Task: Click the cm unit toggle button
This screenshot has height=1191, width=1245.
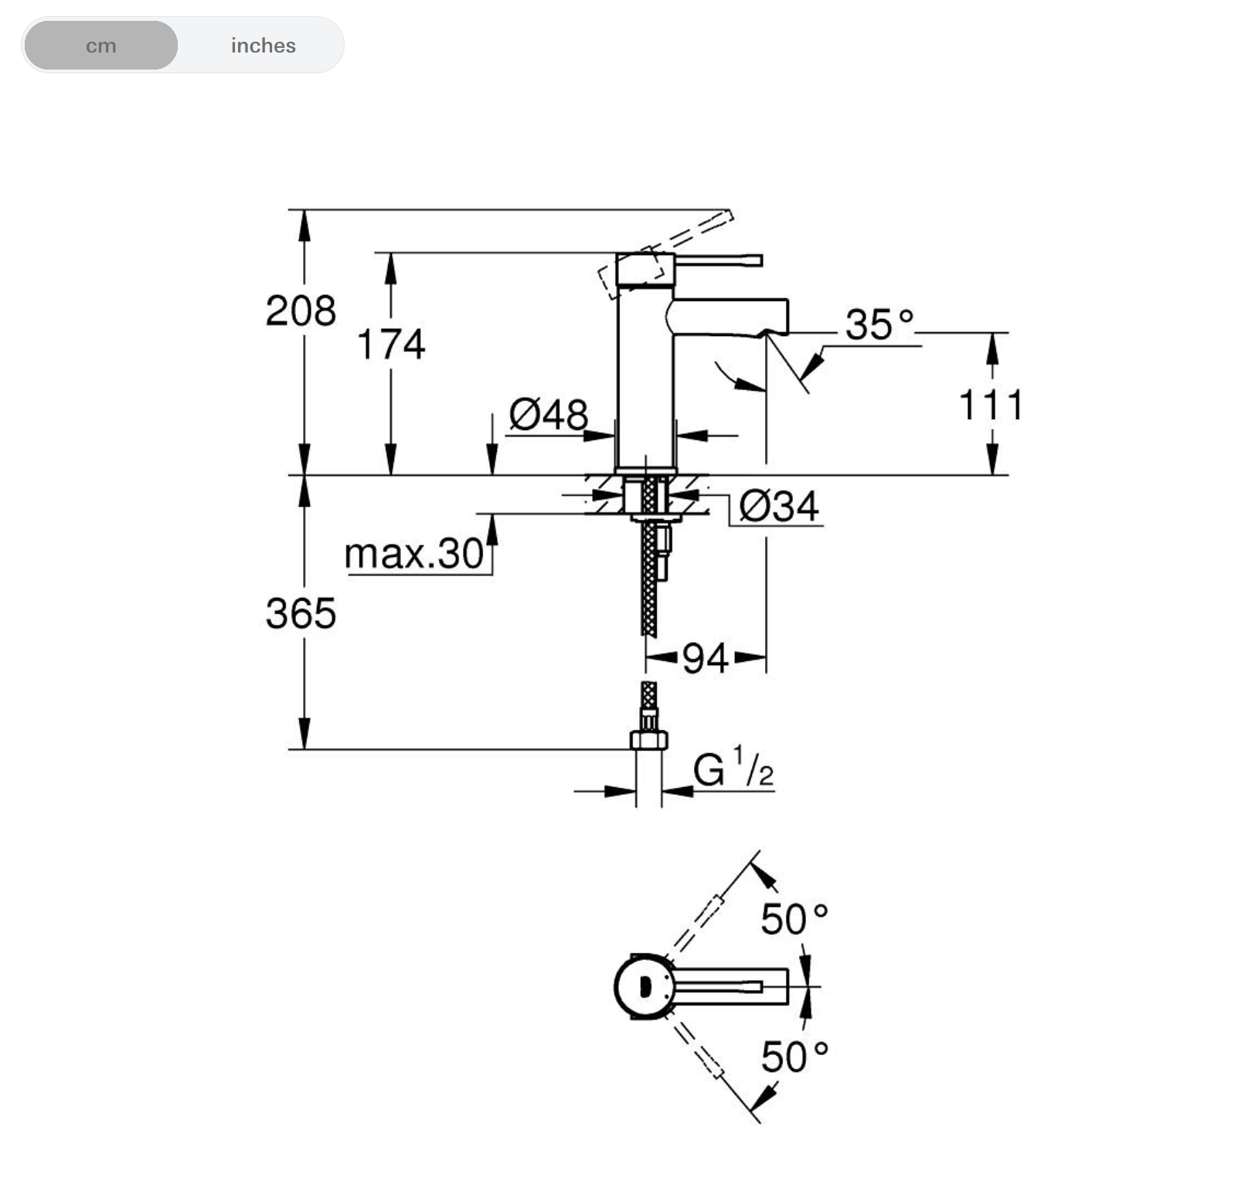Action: (x=100, y=46)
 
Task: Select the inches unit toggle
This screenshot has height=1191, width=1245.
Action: (x=263, y=46)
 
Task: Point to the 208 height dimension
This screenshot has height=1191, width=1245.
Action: (x=301, y=310)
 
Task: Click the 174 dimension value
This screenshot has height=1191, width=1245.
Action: (x=391, y=344)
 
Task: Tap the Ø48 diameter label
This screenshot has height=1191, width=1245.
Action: (x=549, y=415)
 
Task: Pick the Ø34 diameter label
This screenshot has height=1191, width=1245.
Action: (x=779, y=507)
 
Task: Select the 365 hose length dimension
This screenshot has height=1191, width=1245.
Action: (x=301, y=614)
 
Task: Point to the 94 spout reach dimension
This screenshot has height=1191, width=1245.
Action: (x=705, y=659)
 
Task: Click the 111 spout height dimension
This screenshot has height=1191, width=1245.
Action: (x=992, y=405)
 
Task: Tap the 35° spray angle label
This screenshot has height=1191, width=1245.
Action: (x=879, y=324)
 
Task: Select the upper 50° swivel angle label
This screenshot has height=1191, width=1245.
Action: (x=794, y=919)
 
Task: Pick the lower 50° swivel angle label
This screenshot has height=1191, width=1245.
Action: (x=794, y=1057)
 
